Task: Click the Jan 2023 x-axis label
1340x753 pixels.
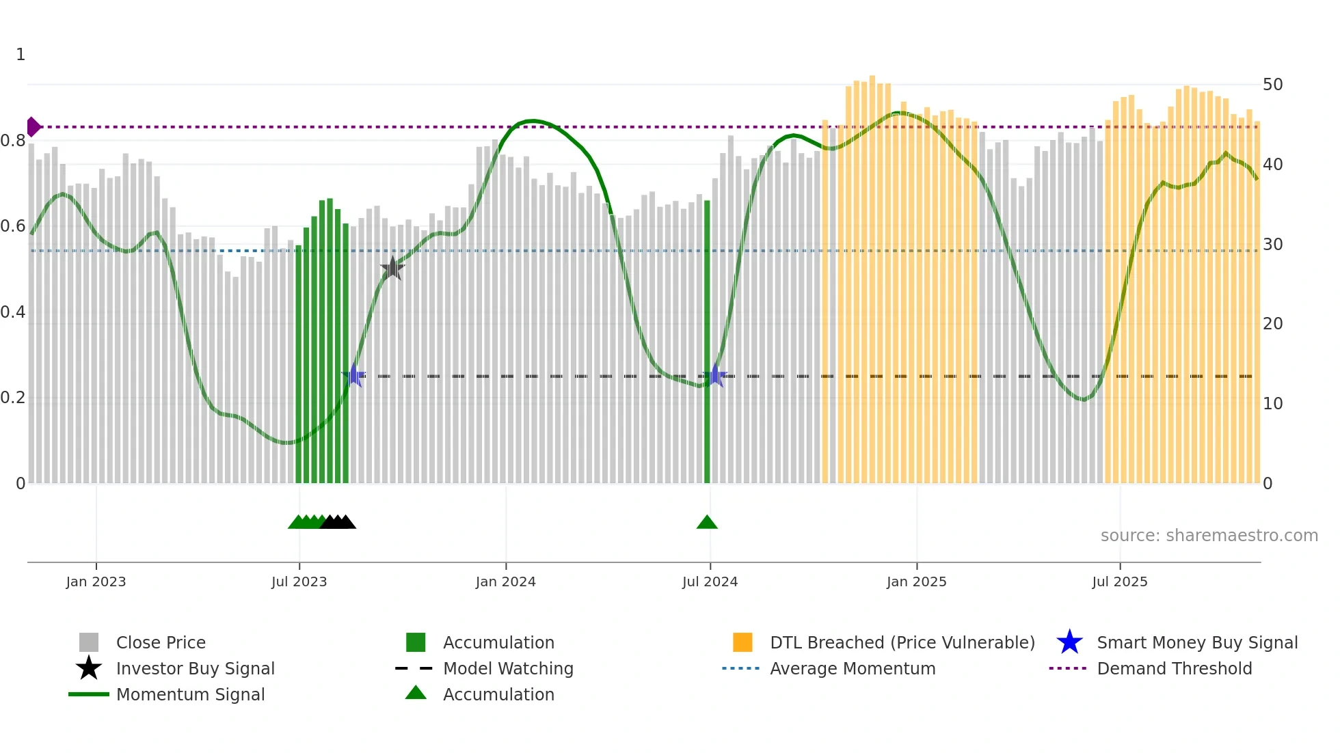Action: [96, 581]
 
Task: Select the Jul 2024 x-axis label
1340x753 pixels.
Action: [710, 581]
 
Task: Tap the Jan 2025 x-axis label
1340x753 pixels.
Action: [916, 581]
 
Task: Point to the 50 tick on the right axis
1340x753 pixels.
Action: [1272, 85]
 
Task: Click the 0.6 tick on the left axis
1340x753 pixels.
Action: [13, 226]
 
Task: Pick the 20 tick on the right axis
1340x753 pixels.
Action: [1272, 324]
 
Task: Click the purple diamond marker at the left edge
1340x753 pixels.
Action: [33, 127]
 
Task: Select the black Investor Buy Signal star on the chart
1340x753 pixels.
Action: [392, 269]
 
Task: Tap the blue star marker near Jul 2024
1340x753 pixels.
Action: [714, 375]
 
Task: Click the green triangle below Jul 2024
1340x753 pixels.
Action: [707, 523]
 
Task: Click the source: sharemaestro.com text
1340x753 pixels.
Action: [1209, 536]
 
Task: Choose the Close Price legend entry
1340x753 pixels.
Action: [161, 642]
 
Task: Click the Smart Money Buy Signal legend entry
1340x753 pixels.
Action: [1196, 642]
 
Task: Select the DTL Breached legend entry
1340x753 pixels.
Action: [902, 642]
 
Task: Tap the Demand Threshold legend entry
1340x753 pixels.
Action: [1174, 668]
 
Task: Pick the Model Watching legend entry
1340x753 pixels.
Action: [508, 668]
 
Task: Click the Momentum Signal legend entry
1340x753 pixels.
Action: [190, 694]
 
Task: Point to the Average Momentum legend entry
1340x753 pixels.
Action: [852, 668]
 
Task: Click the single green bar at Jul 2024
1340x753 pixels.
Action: [707, 342]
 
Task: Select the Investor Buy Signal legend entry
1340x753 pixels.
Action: [195, 668]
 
